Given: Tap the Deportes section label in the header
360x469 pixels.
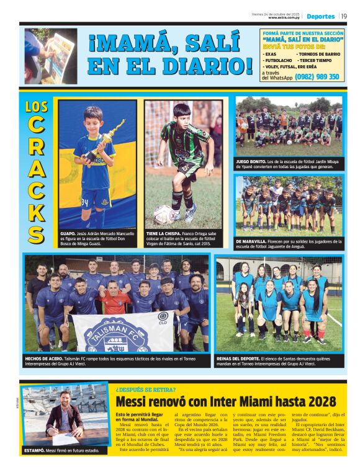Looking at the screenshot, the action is [320, 16].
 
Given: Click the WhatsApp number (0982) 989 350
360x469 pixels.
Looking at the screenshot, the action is [317, 77].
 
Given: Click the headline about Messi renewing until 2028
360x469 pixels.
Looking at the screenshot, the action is [226, 401].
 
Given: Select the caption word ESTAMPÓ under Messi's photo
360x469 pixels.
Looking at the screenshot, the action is [36, 451].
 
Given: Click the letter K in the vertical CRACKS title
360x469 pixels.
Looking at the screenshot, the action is [37, 209].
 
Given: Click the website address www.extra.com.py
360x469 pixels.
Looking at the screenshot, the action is [284, 17].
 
